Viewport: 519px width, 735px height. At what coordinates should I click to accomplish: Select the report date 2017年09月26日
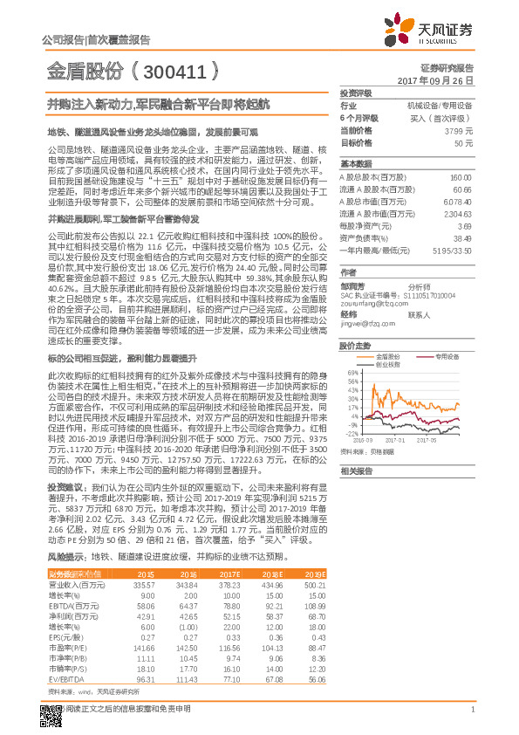click(440, 79)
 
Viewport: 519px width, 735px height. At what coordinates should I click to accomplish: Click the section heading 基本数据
click(356, 165)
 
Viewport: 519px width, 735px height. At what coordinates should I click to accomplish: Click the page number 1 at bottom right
click(472, 718)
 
